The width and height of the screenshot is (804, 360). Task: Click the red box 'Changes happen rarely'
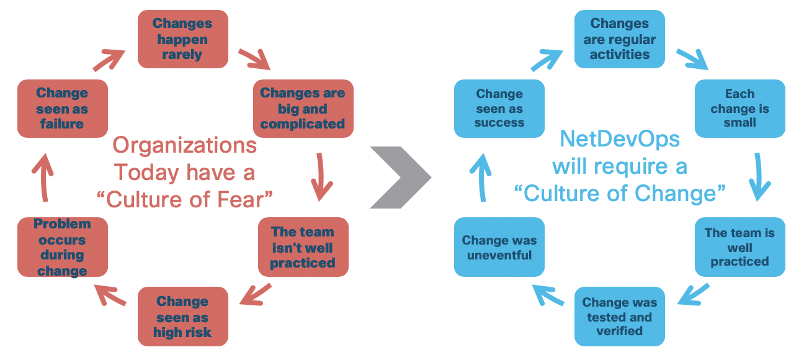pyautogui.click(x=182, y=39)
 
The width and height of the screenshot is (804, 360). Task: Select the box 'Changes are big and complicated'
pyautogui.click(x=303, y=109)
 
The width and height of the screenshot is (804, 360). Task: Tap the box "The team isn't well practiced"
pyautogui.click(x=303, y=247)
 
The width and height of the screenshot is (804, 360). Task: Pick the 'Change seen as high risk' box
pyautogui.click(x=182, y=317)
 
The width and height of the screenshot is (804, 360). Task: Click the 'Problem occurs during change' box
pyautogui.click(x=62, y=247)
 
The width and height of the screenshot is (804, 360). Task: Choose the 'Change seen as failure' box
pyautogui.click(x=62, y=109)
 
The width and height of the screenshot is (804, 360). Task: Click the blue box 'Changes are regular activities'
pyautogui.click(x=619, y=39)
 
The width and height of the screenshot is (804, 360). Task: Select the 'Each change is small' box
pyautogui.click(x=739, y=109)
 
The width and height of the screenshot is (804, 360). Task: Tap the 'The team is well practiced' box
pyautogui.click(x=739, y=247)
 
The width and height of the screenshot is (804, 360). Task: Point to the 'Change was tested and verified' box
pyautogui.click(x=619, y=317)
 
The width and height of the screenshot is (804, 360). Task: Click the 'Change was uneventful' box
pyautogui.click(x=499, y=247)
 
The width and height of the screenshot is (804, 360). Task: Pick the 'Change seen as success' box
pyautogui.click(x=499, y=109)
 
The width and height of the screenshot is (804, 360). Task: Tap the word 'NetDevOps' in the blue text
pyautogui.click(x=620, y=140)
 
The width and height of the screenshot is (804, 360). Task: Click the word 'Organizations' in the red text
pyautogui.click(x=185, y=145)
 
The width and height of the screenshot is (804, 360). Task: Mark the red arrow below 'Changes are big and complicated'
pyautogui.click(x=321, y=177)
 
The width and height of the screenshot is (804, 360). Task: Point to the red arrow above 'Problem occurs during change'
pyautogui.click(x=40, y=177)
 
